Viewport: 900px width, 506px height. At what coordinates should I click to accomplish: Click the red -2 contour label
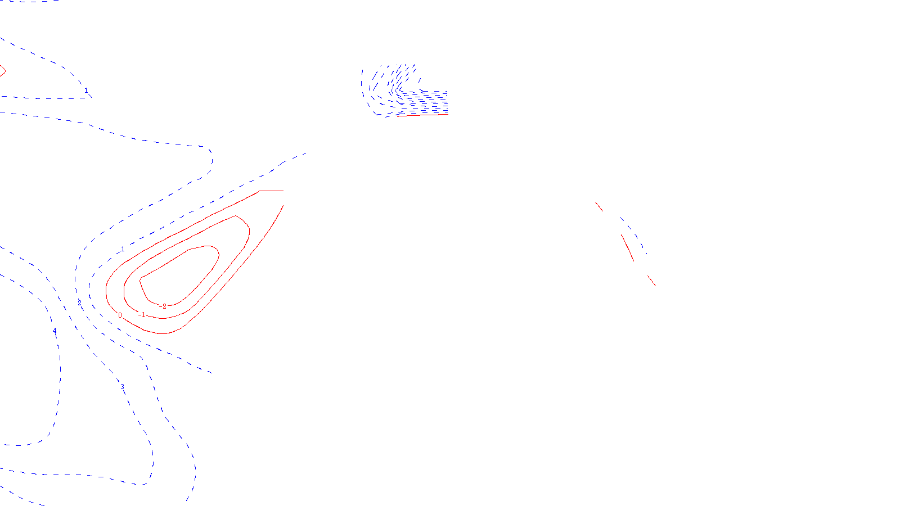pyautogui.click(x=164, y=306)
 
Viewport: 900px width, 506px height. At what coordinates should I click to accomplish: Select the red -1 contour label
pyautogui.click(x=142, y=315)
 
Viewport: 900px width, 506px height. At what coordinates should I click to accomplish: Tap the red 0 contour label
pyautogui.click(x=120, y=315)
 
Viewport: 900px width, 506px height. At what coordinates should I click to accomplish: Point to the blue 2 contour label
pyautogui.click(x=79, y=303)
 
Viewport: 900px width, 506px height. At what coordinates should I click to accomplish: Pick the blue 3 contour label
pyautogui.click(x=122, y=387)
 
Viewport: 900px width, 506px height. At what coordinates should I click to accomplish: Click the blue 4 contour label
pyautogui.click(x=55, y=331)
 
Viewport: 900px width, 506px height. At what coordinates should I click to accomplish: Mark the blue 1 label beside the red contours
pyautogui.click(x=123, y=249)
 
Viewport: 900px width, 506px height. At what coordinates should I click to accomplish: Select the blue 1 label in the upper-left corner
pyautogui.click(x=86, y=91)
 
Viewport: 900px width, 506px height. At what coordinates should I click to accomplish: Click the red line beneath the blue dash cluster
pyautogui.click(x=419, y=115)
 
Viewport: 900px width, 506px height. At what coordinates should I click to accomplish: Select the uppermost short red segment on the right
pyautogui.click(x=599, y=206)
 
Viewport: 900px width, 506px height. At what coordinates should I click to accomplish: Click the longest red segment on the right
pyautogui.click(x=628, y=248)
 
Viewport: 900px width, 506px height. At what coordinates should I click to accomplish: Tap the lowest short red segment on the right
pyautogui.click(x=651, y=280)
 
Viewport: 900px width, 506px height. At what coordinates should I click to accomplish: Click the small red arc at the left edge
pyautogui.click(x=3, y=71)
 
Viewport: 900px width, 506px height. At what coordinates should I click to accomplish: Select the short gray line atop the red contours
pyautogui.click(x=271, y=191)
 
